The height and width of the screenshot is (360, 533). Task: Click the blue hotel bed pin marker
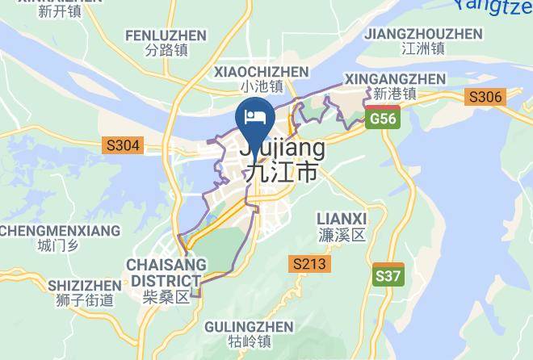click(254, 118)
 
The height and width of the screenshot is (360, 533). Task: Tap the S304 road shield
click(123, 146)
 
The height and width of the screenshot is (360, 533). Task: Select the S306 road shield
click(485, 98)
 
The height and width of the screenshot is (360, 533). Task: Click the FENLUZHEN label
click(166, 36)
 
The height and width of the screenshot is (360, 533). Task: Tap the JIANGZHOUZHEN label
click(423, 34)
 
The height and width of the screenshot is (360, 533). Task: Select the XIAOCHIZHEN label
click(261, 72)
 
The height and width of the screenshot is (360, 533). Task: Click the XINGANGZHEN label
click(395, 78)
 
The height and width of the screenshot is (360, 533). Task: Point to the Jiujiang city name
click(282, 149)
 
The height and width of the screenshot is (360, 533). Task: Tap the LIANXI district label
click(342, 219)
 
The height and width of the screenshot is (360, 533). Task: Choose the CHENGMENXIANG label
click(60, 231)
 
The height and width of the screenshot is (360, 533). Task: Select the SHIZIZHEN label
click(84, 286)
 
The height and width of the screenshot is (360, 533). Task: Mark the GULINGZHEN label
click(248, 326)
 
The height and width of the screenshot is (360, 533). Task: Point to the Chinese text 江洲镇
click(423, 48)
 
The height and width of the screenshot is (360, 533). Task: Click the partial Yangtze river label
click(494, 6)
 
